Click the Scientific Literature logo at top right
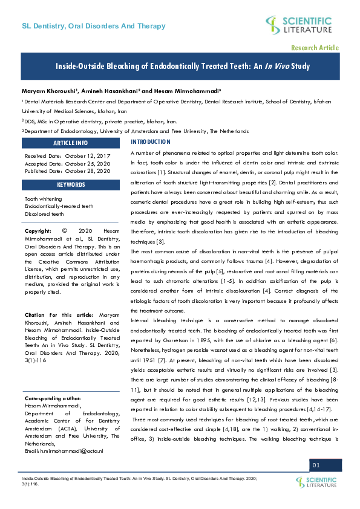(298, 25)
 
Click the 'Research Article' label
(315, 48)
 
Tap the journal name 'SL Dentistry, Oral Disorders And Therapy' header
(93, 27)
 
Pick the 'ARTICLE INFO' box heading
(71, 143)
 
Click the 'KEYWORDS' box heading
(71, 184)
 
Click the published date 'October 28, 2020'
(88, 171)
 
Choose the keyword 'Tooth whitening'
(44, 198)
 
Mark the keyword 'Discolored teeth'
(44, 214)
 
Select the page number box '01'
(316, 464)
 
